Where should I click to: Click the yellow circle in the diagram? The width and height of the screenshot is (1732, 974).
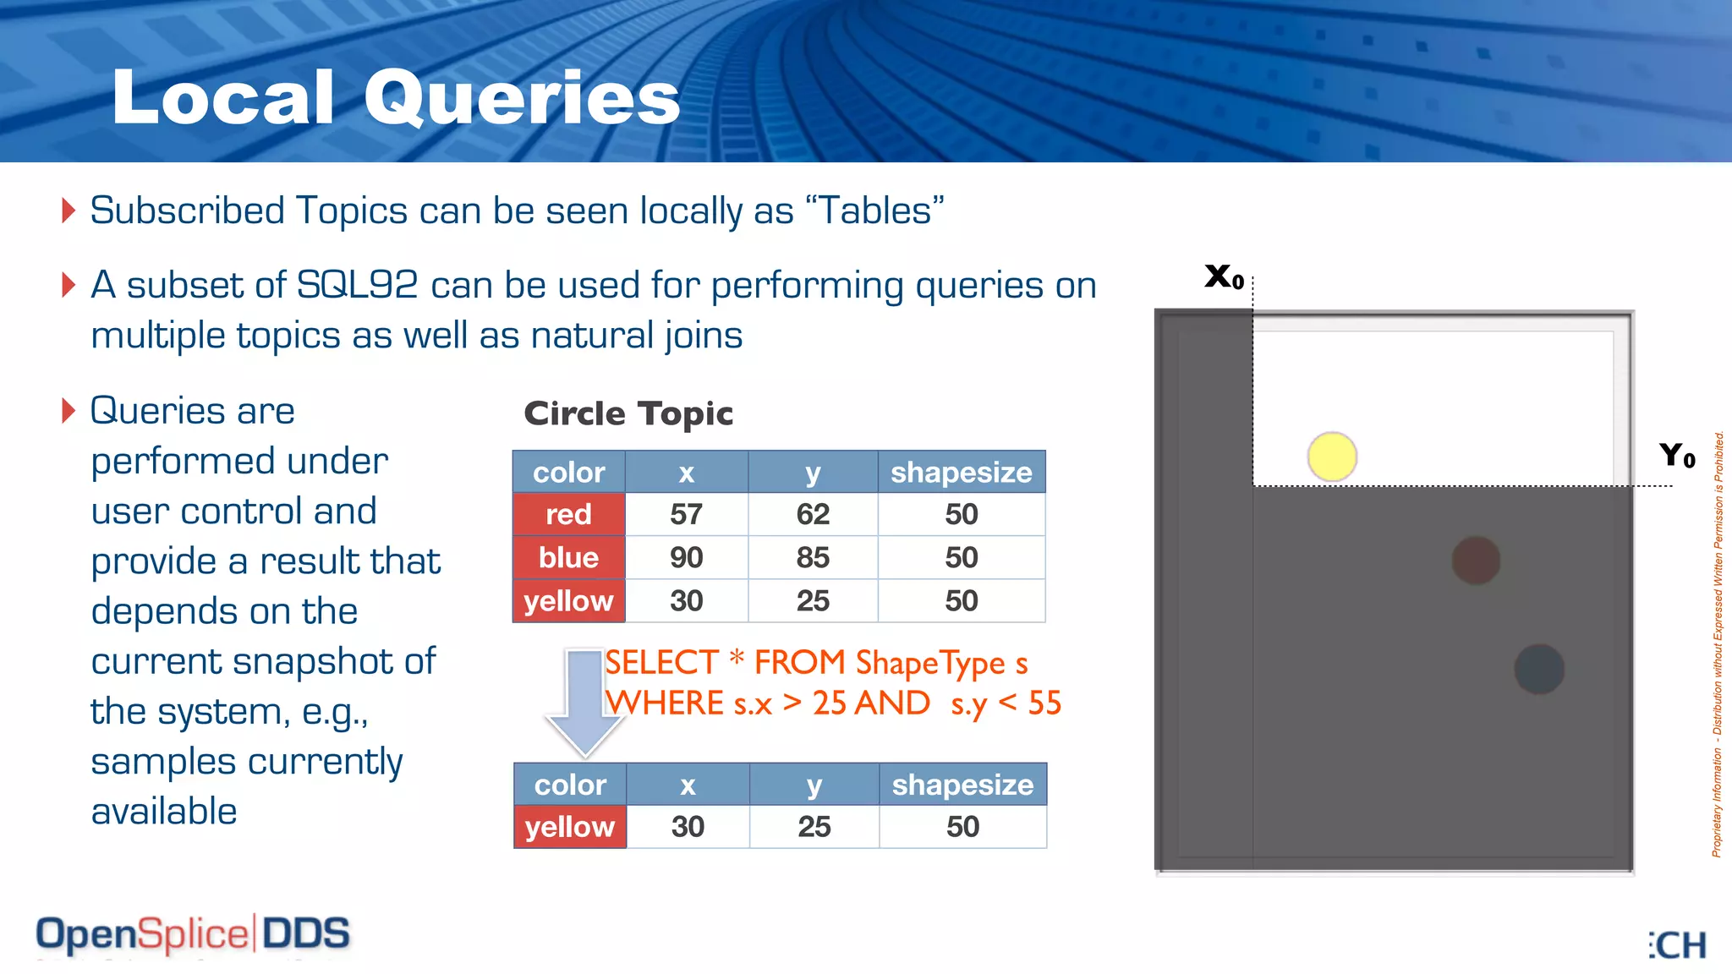(x=1332, y=457)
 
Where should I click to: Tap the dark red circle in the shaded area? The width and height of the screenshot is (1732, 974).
(x=1476, y=560)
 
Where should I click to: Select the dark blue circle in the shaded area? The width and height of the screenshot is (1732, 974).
(x=1538, y=669)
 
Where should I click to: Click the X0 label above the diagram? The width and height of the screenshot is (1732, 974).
(x=1224, y=276)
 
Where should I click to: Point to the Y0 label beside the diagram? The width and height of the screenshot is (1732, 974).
(x=1676, y=456)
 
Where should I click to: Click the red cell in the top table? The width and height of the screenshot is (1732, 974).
(x=568, y=514)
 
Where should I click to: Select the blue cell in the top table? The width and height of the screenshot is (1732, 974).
(x=568, y=558)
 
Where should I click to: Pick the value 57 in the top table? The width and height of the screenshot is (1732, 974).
(x=686, y=514)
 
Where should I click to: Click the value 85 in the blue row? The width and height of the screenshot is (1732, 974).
(x=813, y=558)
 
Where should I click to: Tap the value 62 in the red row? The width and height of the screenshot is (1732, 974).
(x=813, y=514)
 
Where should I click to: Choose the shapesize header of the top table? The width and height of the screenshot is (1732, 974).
(x=961, y=472)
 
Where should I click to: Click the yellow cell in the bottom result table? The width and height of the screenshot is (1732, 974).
(x=569, y=827)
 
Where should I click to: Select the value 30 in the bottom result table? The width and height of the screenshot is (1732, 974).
(x=688, y=827)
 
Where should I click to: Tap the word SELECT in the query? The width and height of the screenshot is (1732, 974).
(x=662, y=662)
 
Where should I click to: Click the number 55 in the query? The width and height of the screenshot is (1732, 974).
(x=1044, y=703)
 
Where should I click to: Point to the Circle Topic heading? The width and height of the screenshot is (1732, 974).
(x=628, y=413)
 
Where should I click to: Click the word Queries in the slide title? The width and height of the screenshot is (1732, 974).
(x=522, y=98)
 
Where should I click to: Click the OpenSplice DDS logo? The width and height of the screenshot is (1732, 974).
(x=193, y=934)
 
